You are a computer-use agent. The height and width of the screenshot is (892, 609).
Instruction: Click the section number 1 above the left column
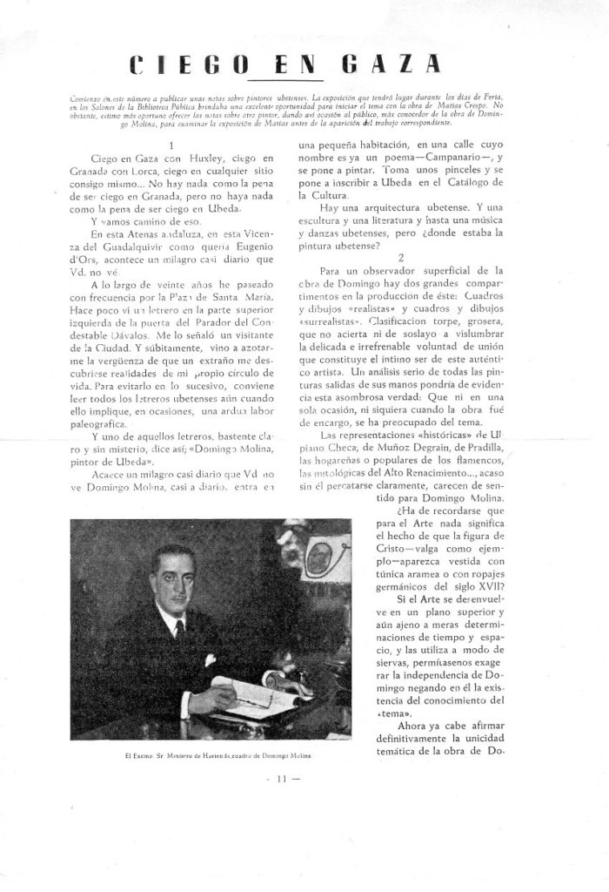[x=174, y=145]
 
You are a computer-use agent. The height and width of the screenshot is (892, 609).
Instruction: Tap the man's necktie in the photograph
[x=179, y=628]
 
